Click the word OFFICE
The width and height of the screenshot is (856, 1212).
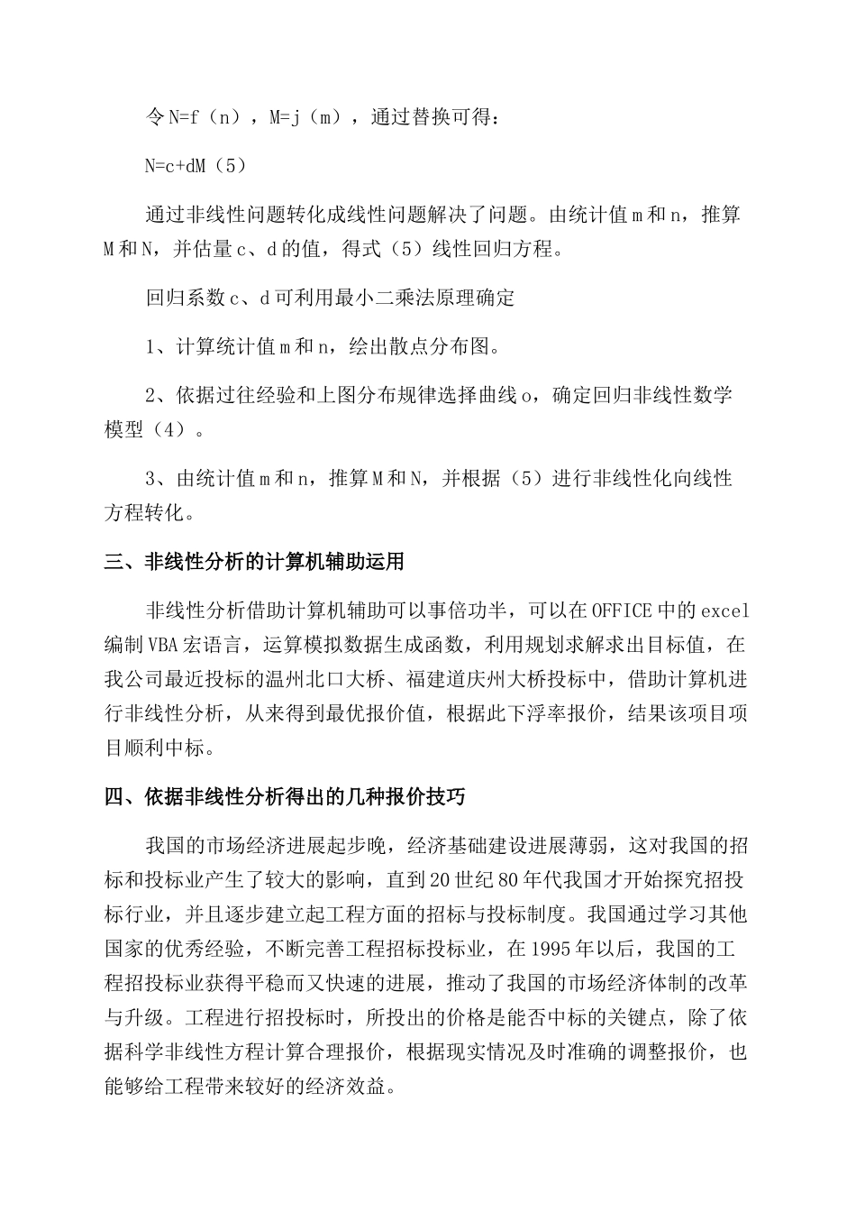point(621,611)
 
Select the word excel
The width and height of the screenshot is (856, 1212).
point(724,611)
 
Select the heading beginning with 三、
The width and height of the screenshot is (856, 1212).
point(254,562)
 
